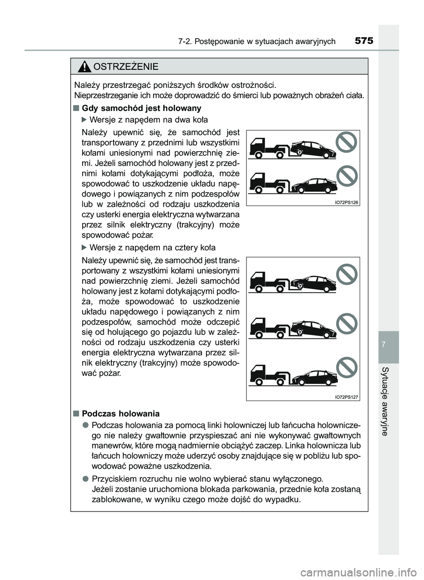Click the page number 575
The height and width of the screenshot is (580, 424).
click(x=363, y=41)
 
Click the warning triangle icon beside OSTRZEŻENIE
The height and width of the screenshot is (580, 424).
click(x=83, y=67)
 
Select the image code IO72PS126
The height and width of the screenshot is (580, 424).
click(x=346, y=202)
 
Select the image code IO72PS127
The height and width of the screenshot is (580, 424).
click(x=346, y=397)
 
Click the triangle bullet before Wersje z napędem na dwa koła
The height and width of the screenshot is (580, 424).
click(x=85, y=120)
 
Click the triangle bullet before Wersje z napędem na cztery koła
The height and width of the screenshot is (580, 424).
click(x=85, y=247)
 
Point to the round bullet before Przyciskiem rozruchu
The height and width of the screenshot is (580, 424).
click(x=84, y=479)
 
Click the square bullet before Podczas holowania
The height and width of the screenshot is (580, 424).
click(x=76, y=413)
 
